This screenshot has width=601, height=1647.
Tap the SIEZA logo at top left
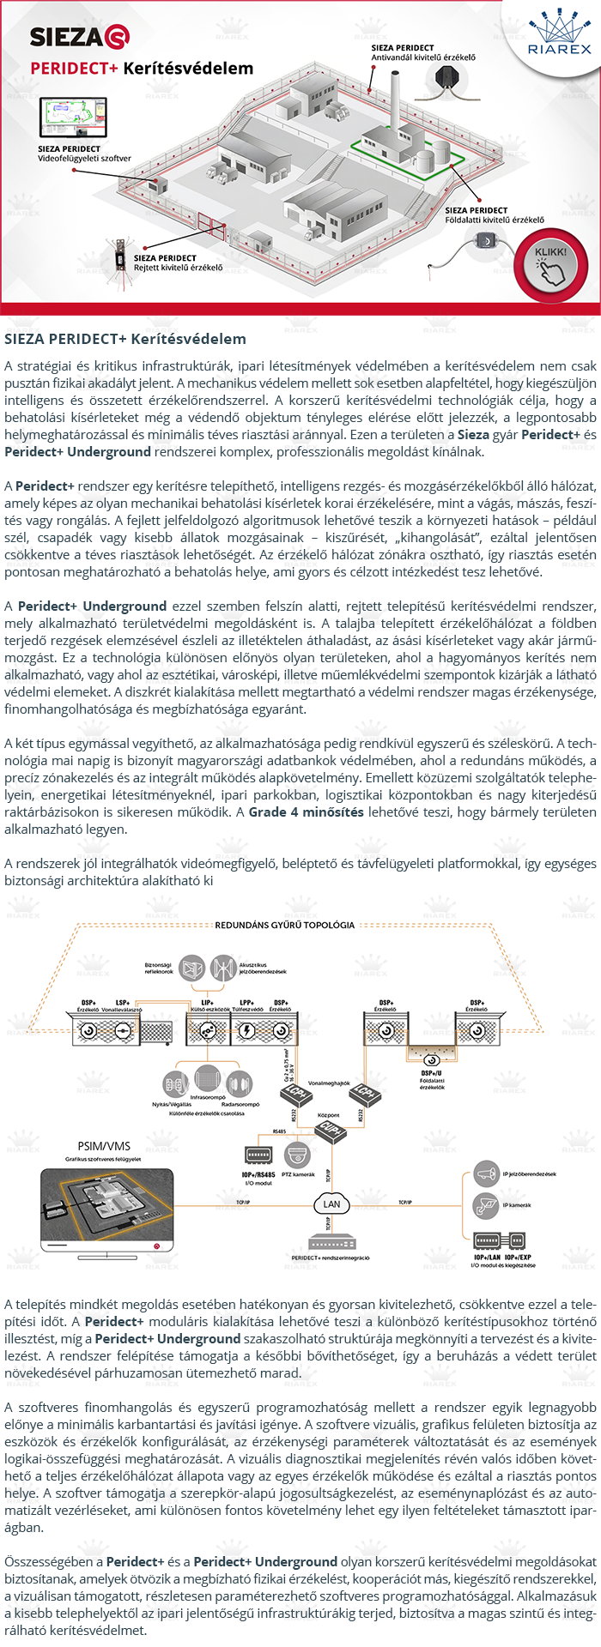[x=79, y=36]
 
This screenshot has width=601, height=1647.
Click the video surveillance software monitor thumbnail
[x=73, y=118]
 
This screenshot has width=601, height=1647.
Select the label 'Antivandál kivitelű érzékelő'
[x=423, y=57]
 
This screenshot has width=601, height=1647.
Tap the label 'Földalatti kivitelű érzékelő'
[x=494, y=220]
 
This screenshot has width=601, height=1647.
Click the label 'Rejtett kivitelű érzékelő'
[x=178, y=268]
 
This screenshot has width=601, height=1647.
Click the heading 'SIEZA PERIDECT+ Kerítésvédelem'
[x=125, y=339]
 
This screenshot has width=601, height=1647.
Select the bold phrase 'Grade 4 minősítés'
[x=307, y=811]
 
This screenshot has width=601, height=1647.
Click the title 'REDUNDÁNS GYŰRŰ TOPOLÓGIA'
[x=284, y=925]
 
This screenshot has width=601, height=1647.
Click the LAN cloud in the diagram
[x=331, y=1204]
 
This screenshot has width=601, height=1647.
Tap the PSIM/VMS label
[x=104, y=1146]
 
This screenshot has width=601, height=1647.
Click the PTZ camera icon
[x=298, y=1155]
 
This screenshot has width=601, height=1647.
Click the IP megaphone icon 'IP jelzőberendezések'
[x=486, y=1173]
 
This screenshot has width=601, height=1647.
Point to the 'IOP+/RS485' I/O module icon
[x=258, y=1155]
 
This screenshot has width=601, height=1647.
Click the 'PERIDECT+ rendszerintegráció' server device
[x=331, y=1243]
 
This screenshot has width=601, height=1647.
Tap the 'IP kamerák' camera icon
[x=486, y=1204]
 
